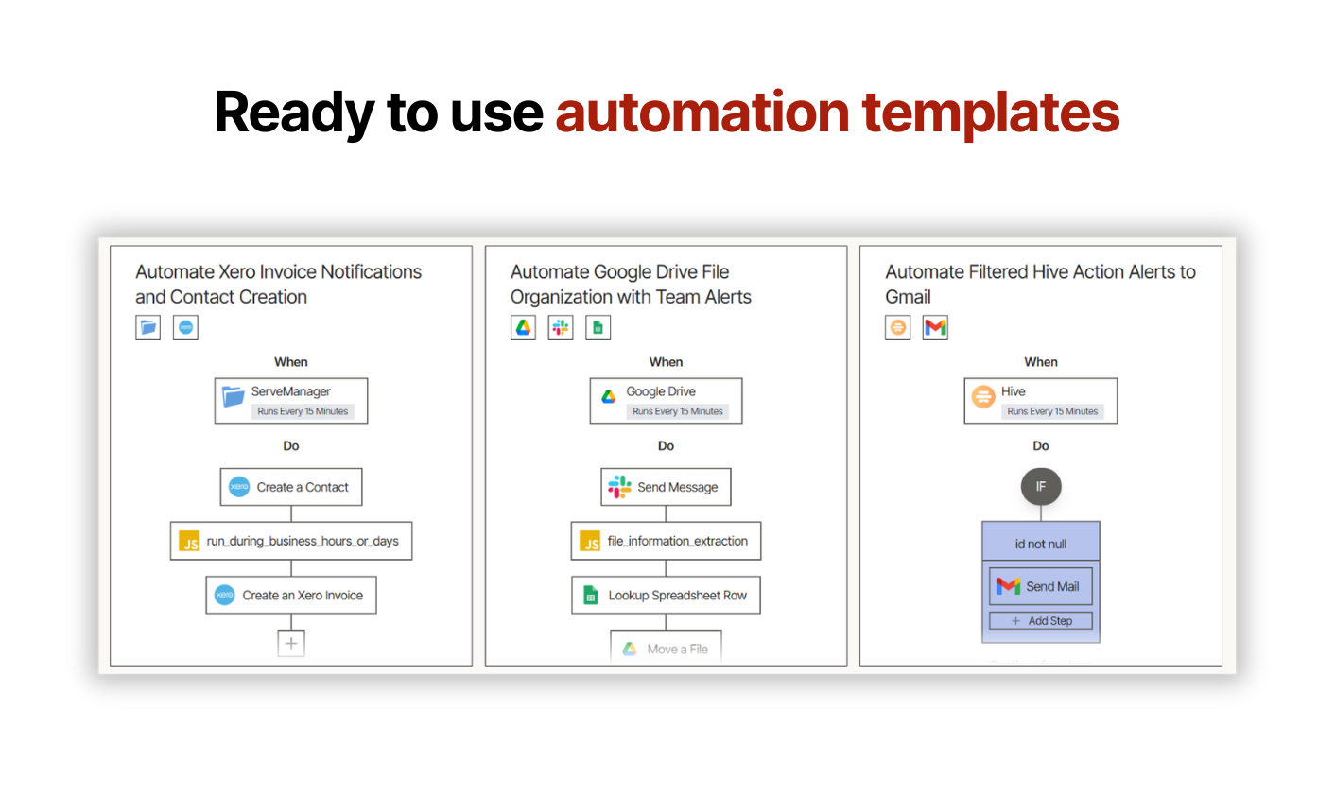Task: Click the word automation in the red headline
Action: [x=702, y=113]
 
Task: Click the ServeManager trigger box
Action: [x=291, y=401]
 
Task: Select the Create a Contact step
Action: [x=291, y=487]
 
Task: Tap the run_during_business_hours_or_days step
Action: [x=291, y=541]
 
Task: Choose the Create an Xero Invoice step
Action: [x=291, y=595]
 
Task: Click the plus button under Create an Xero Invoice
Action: [x=291, y=643]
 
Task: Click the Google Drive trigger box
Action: [x=666, y=401]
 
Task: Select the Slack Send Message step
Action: [x=666, y=487]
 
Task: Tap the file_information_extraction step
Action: [x=666, y=541]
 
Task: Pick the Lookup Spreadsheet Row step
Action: [x=666, y=595]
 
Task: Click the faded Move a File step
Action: [x=666, y=648]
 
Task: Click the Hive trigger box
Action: [x=1041, y=401]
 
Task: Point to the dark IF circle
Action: [x=1041, y=486]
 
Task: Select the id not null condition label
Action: [x=1041, y=544]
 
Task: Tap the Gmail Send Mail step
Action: [x=1041, y=586]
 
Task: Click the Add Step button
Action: [x=1041, y=621]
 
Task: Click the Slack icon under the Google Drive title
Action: [x=561, y=327]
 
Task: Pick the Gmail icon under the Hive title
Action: [x=935, y=327]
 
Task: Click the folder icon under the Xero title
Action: [x=147, y=327]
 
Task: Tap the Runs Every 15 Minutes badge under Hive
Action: [x=1052, y=411]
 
